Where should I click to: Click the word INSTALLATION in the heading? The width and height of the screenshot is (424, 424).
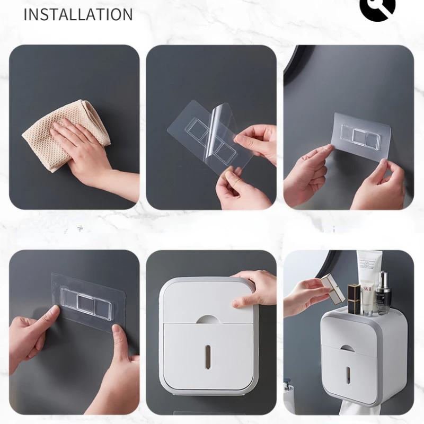78,14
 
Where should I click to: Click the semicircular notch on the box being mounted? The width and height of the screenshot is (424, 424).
208,319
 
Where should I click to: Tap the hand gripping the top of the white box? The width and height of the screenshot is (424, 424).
254,289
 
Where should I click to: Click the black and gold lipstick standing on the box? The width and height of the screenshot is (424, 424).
354,299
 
